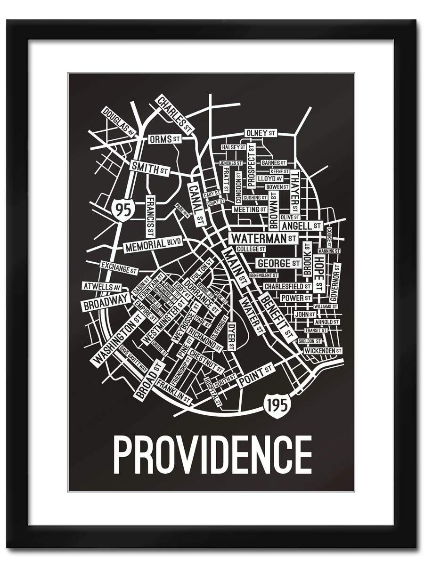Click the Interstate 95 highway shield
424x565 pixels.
123,208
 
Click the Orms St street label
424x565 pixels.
165,139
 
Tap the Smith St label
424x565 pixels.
149,168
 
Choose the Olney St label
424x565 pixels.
261,133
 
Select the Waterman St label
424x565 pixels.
263,238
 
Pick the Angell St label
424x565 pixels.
302,226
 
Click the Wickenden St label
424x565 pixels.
323,351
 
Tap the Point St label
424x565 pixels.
254,375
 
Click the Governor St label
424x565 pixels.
335,282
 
